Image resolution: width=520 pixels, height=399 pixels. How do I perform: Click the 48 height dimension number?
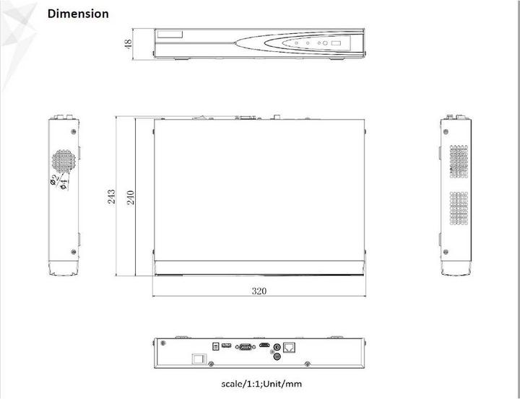tap(129, 45)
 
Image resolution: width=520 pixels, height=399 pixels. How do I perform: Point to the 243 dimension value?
tap(112, 196)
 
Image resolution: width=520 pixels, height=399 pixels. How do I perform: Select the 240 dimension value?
tap(131, 196)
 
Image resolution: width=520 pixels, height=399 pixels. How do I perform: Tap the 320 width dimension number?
tap(259, 291)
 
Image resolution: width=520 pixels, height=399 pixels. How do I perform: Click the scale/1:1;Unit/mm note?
tap(261, 384)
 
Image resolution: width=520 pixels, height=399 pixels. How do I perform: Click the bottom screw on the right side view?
tap(446, 251)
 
